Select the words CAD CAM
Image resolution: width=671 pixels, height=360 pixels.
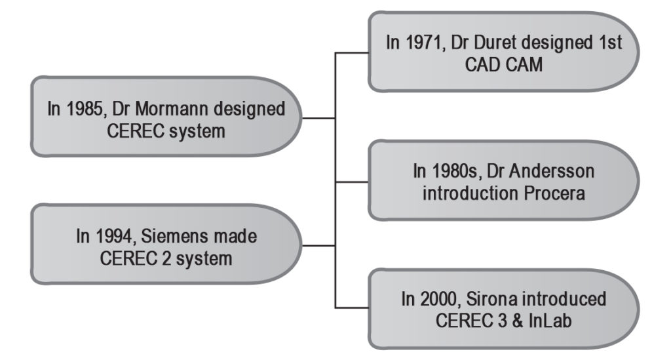pos(504,65)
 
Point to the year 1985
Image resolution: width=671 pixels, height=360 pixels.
pos(85,109)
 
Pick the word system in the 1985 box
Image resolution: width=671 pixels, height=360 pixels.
pos(197,131)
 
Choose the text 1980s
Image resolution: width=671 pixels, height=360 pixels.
pos(455,171)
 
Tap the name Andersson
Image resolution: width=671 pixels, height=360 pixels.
pos(552,171)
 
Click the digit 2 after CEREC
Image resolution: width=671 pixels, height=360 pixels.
pos(166,258)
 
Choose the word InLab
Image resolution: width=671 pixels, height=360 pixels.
pos(550,321)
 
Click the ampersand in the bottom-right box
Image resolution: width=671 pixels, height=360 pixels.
pos(518,321)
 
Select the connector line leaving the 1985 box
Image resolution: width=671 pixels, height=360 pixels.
pos(318,118)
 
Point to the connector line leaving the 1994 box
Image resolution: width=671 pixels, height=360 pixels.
pos(318,246)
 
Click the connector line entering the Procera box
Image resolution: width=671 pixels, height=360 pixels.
pos(352,182)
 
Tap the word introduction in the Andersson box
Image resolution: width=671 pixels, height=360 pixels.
pos(469,193)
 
